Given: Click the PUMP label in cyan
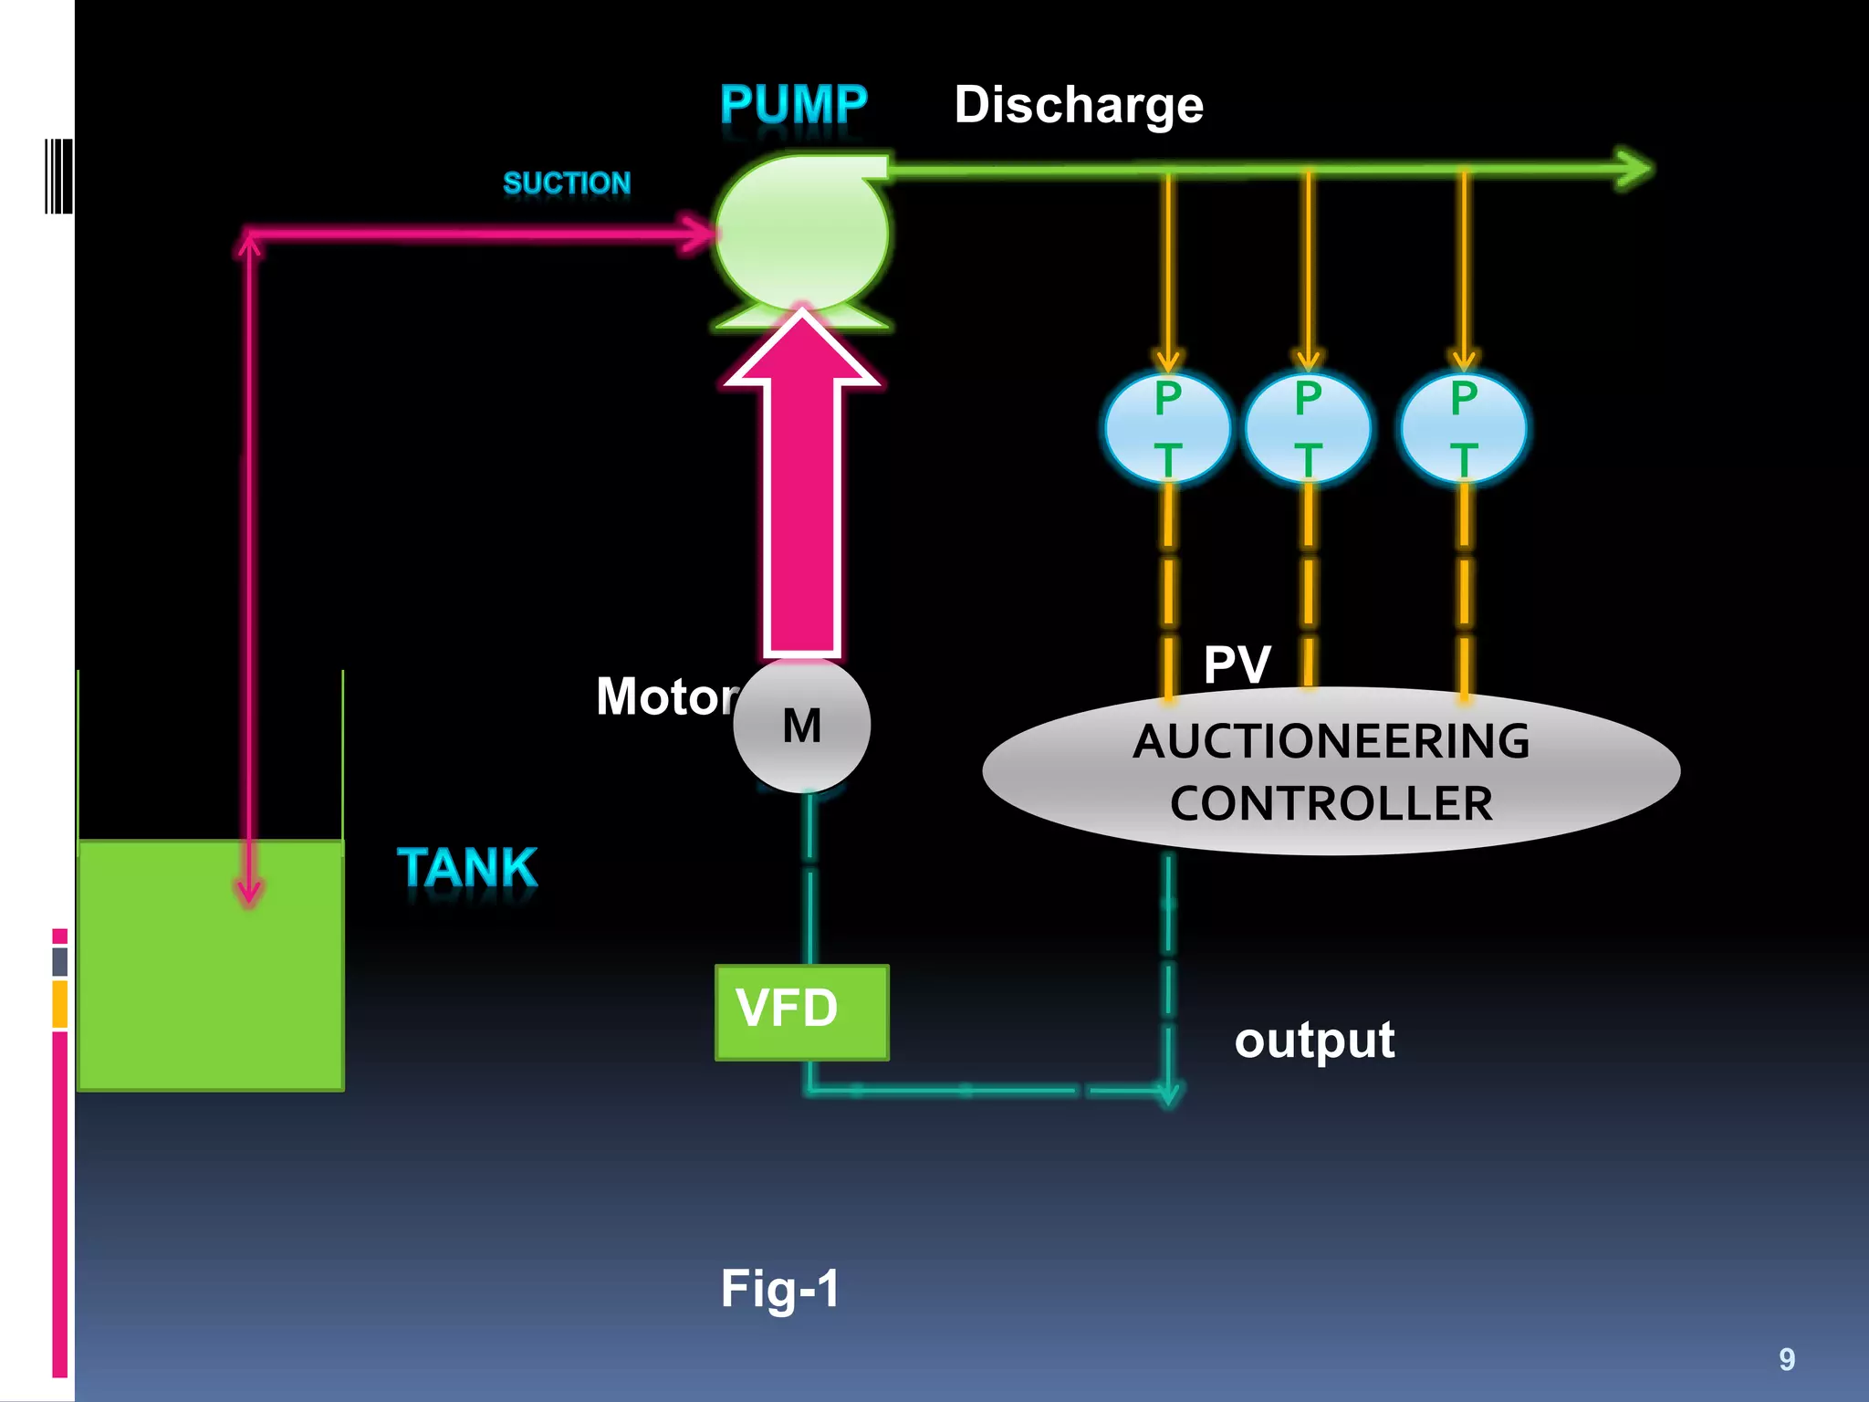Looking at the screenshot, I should click(x=793, y=104).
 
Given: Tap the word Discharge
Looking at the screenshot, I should click(x=1079, y=105).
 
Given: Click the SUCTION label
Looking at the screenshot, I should click(x=567, y=183).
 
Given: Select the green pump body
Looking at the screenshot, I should click(x=800, y=233).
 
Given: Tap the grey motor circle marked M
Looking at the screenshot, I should click(x=801, y=726).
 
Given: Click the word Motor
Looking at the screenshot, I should click(x=666, y=696).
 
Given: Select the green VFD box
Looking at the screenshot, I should click(x=801, y=1011).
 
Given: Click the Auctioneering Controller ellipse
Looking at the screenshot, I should click(x=1331, y=772).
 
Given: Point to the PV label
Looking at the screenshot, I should click(x=1237, y=664).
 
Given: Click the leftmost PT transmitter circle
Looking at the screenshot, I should click(x=1167, y=428).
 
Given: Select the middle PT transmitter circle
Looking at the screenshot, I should click(x=1308, y=428).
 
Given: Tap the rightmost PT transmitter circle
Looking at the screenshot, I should click(x=1464, y=428).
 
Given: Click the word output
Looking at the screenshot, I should click(x=1314, y=1041).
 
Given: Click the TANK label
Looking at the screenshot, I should click(x=467, y=867).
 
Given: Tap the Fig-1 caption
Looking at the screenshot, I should click(x=779, y=1288).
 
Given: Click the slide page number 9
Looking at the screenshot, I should click(x=1787, y=1359).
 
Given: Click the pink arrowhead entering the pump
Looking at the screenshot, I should click(x=697, y=234).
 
